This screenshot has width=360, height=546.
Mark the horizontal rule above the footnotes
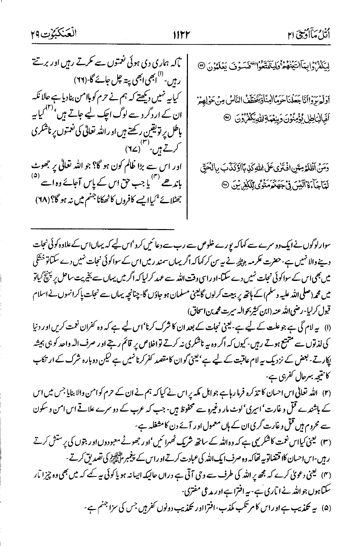pos(103,229)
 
